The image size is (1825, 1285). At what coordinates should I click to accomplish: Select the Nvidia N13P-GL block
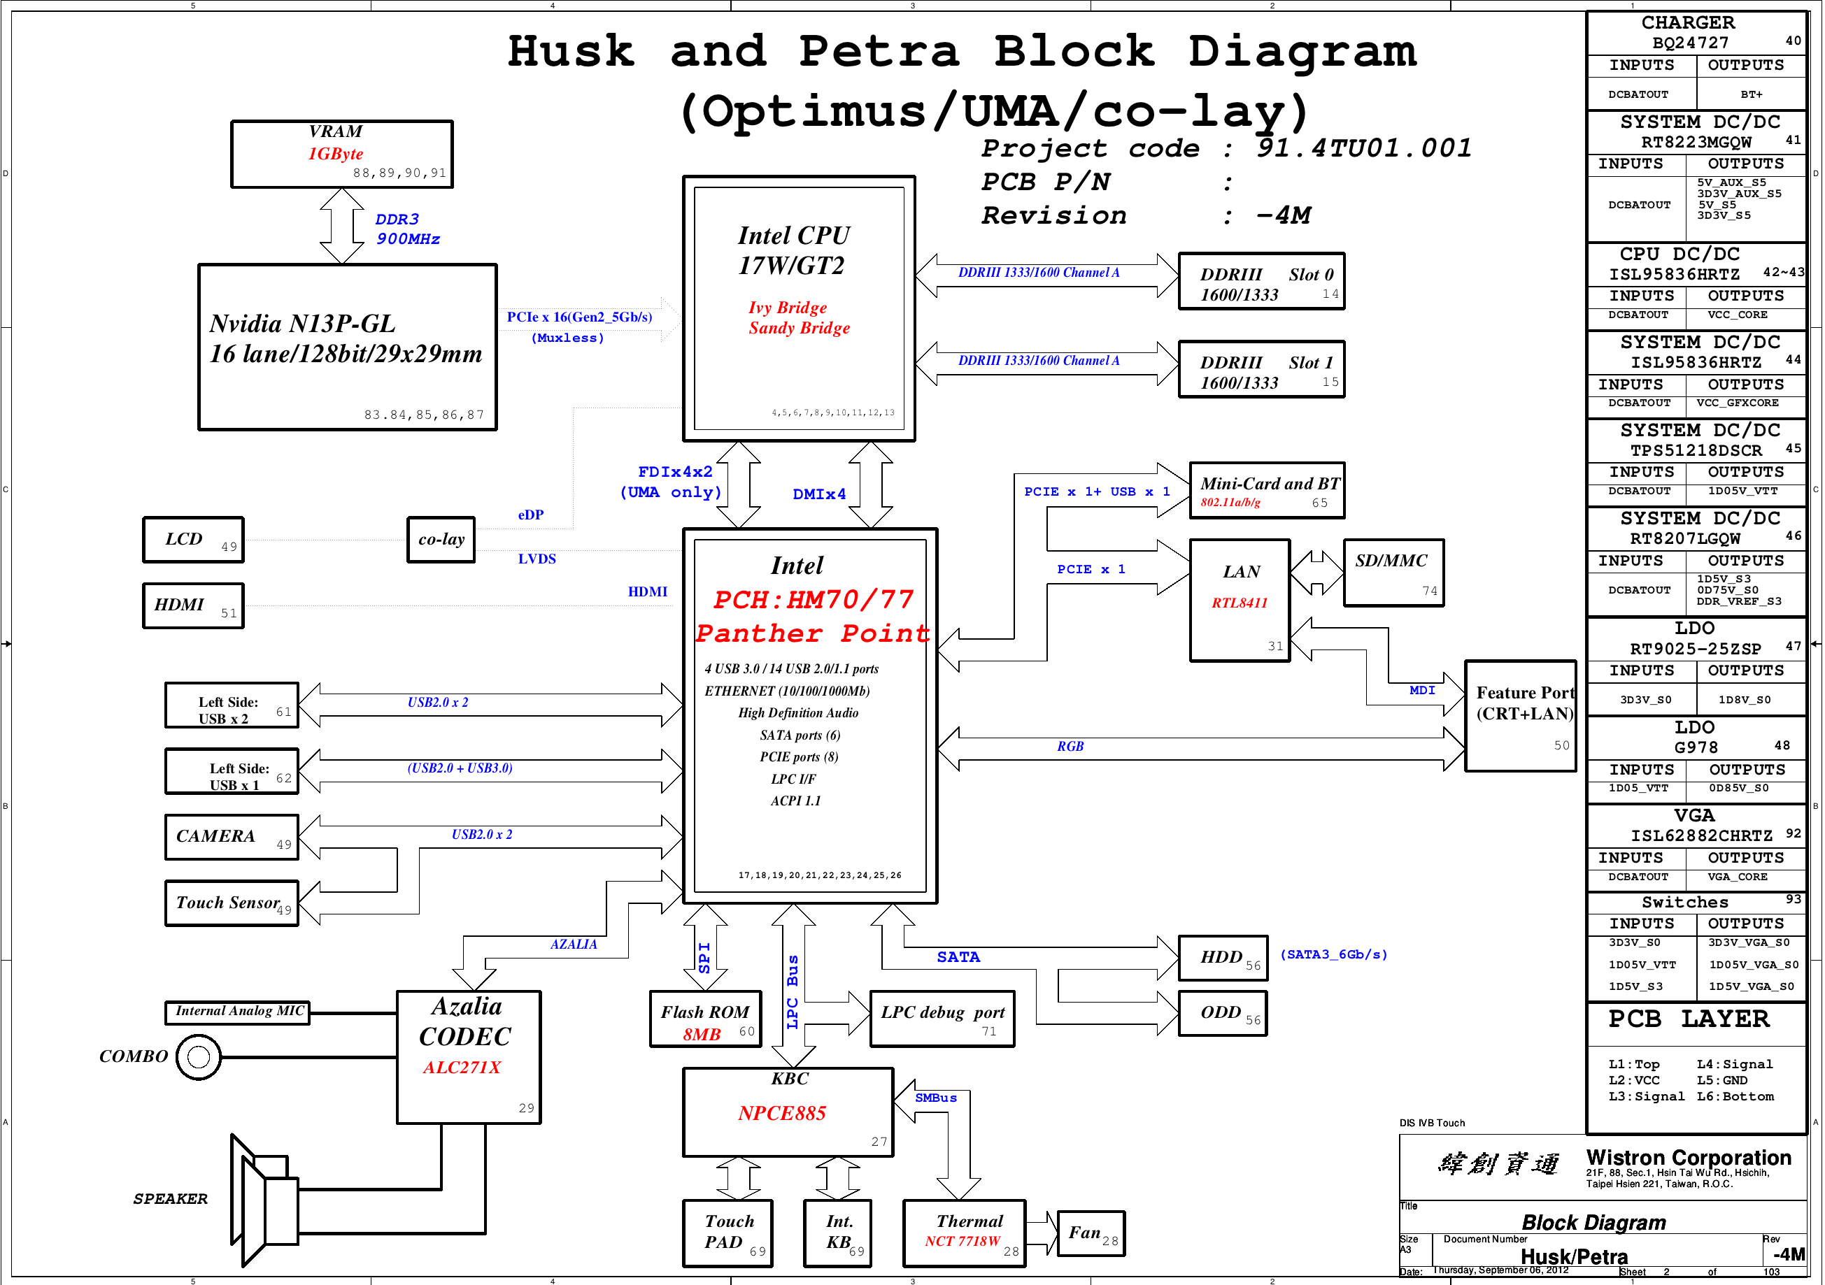point(348,347)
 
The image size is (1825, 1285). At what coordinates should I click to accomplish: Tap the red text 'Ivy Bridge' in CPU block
point(787,308)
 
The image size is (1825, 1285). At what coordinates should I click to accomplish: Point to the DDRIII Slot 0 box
point(1261,281)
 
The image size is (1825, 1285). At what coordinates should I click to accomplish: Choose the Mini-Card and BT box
point(1266,490)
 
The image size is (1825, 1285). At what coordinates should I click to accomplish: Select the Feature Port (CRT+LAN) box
point(1520,715)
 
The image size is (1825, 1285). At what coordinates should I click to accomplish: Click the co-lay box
point(441,540)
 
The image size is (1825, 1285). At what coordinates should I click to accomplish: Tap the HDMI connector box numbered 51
point(193,605)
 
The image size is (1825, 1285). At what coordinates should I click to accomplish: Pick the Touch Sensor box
point(232,903)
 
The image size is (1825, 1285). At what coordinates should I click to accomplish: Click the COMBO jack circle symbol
point(198,1057)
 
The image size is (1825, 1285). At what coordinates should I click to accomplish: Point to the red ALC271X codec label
point(461,1068)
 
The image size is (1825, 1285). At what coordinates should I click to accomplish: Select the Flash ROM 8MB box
point(705,1019)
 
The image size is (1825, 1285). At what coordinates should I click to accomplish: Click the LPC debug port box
point(942,1019)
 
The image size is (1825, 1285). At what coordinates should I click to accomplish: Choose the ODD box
point(1222,1013)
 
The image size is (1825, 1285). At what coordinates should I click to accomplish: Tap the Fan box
point(1091,1233)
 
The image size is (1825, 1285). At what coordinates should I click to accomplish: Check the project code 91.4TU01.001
point(1363,148)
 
